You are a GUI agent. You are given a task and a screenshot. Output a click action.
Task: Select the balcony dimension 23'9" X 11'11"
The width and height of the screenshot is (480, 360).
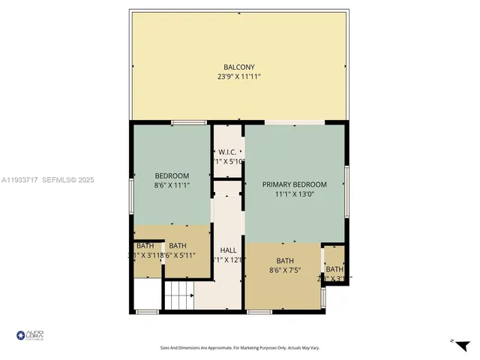(239, 76)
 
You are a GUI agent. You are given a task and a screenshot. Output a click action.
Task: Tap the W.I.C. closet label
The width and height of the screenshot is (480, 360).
(228, 151)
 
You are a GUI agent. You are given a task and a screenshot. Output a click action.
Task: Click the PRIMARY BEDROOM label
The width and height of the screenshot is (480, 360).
(295, 184)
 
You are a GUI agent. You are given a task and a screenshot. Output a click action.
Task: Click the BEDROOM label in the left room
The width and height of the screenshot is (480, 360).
(172, 176)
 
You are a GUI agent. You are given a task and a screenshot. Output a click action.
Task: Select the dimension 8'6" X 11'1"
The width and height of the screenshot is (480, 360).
(172, 185)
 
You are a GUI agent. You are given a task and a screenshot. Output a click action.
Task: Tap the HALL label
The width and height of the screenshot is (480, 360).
(228, 250)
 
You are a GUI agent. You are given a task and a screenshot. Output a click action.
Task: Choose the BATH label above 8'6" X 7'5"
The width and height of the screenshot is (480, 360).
(285, 261)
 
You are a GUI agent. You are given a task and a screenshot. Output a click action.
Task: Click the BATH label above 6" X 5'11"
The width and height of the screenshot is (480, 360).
(178, 245)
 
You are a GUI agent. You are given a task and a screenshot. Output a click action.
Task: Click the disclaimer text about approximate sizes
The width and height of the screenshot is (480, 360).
(239, 347)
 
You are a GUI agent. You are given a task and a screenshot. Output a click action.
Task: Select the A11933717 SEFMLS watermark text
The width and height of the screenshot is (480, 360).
(47, 180)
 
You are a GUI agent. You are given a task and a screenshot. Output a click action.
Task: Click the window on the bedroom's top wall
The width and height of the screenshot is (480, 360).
(189, 122)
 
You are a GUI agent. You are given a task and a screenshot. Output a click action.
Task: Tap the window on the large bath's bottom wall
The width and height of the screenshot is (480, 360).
(259, 311)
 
